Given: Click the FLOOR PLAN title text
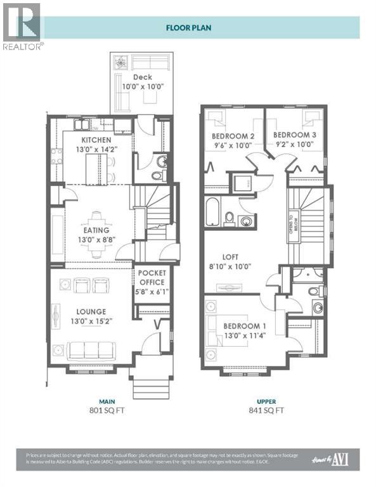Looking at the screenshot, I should [x=190, y=27].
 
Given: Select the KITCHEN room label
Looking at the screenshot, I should [x=96, y=140].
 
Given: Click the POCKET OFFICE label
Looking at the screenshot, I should [x=152, y=277].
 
